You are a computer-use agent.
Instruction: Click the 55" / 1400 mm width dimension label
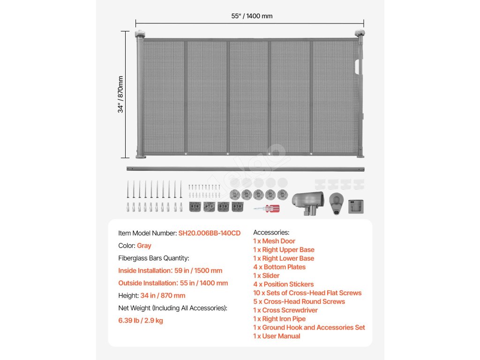[251, 16]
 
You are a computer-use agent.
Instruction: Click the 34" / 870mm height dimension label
[121, 94]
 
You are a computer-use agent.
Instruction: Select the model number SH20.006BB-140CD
[209, 233]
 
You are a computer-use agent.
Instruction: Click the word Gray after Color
[144, 246]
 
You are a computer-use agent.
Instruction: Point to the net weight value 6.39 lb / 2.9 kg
[141, 321]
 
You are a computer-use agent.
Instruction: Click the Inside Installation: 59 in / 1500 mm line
[170, 270]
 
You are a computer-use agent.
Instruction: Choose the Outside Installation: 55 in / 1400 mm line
[173, 283]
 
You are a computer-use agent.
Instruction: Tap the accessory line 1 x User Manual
[277, 336]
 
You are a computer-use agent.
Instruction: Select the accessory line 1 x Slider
[266, 276]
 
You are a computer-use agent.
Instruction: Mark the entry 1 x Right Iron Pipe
[279, 319]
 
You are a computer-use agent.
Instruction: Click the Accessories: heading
[271, 232]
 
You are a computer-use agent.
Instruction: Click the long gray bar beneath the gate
[245, 169]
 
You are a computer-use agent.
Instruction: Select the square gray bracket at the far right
[356, 206]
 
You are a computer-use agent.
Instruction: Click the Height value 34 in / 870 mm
[163, 296]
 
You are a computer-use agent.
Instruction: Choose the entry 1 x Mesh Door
[274, 241]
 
